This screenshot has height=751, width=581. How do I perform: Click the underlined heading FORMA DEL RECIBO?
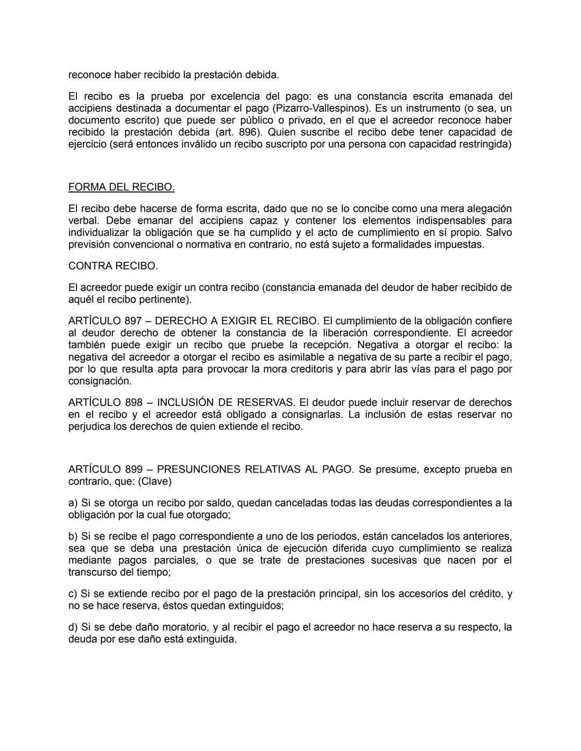(121, 187)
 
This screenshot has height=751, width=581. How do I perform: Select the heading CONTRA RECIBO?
(113, 266)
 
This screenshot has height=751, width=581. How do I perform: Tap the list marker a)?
(73, 503)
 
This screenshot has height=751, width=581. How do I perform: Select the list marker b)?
(73, 536)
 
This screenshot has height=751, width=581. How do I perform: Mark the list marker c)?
(73, 593)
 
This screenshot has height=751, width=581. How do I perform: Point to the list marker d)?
(73, 627)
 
